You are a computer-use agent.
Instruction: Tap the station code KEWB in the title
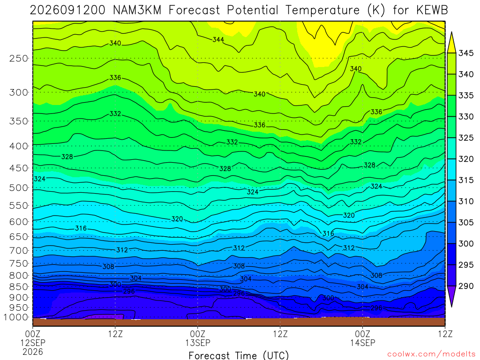(432, 10)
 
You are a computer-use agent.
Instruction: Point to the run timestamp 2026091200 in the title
(67, 10)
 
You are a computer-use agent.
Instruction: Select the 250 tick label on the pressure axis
(19, 58)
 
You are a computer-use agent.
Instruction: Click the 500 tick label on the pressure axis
(19, 187)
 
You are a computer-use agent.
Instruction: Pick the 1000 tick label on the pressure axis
(16, 317)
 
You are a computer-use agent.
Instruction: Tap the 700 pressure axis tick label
(19, 250)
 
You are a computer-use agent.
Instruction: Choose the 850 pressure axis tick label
(19, 286)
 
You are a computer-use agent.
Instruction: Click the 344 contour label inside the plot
(218, 39)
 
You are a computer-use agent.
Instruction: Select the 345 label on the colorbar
(465, 53)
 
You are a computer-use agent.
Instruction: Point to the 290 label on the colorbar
(465, 286)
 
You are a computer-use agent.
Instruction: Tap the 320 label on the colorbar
(465, 159)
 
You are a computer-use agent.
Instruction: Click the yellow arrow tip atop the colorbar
(451, 32)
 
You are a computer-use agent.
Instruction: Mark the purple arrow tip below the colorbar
(451, 307)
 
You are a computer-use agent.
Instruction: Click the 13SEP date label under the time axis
(198, 343)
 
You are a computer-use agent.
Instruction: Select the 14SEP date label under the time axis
(363, 343)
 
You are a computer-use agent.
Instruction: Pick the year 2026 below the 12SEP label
(33, 352)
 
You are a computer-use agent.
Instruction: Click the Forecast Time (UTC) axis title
(239, 355)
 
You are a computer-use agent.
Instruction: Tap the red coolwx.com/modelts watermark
(431, 354)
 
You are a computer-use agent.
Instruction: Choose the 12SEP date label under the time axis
(33, 343)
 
